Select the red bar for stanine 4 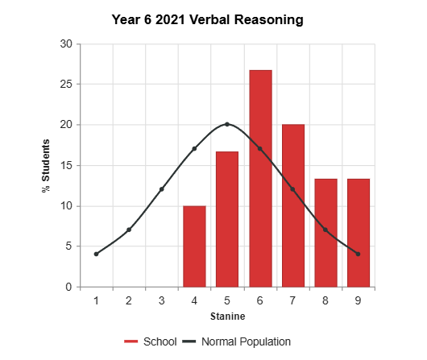[194, 246]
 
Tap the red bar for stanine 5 [227, 219]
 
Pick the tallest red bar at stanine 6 [260, 179]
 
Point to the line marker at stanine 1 [96, 254]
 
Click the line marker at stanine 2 [129, 230]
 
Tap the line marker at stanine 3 [162, 189]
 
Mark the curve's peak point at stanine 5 [227, 124]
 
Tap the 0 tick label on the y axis [69, 287]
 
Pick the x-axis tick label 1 [96, 300]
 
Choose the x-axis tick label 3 [162, 300]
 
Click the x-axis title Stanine [227, 316]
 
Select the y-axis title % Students [46, 165]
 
